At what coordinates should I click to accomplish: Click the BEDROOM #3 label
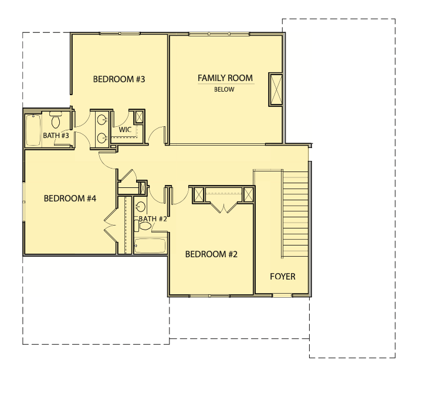119,79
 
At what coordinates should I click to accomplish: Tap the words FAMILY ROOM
225,78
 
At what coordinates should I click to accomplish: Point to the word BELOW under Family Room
224,89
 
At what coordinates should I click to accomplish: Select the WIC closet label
125,129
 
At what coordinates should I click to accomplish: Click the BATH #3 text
56,136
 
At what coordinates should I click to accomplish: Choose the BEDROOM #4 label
70,199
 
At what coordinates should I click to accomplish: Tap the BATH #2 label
153,219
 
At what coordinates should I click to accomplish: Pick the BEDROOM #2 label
211,254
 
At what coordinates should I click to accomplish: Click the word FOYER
282,276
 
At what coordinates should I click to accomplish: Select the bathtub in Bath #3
33,130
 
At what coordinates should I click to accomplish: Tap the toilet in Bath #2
143,226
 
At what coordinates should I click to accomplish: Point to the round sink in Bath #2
141,206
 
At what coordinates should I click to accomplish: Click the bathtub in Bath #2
150,245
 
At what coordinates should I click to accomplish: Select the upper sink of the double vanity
103,120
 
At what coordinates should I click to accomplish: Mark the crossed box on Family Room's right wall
276,89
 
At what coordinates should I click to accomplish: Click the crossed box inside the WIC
139,117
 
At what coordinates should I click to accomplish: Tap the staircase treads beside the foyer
295,214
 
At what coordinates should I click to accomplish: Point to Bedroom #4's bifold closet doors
110,225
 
